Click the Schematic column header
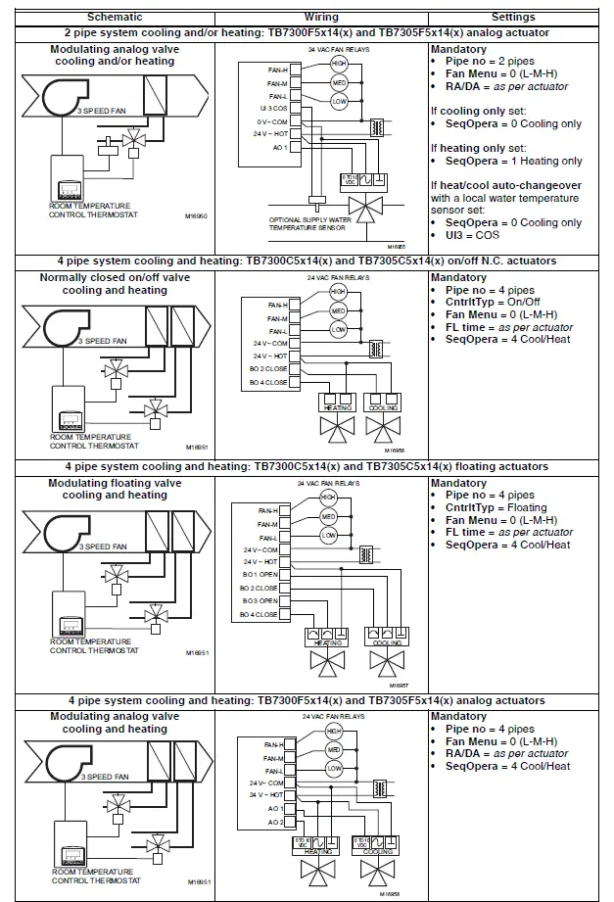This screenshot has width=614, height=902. pos(115,18)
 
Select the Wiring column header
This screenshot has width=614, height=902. pos(320,18)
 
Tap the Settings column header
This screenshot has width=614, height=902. pos(514,18)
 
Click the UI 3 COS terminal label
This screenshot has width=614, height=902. pos(272,108)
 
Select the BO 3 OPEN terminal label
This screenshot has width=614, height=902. pos(260,600)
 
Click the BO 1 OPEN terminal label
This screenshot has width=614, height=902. pos(260,574)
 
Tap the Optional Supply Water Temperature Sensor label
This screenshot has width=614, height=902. pos(309,223)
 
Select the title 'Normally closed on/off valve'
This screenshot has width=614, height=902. pos(115,278)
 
